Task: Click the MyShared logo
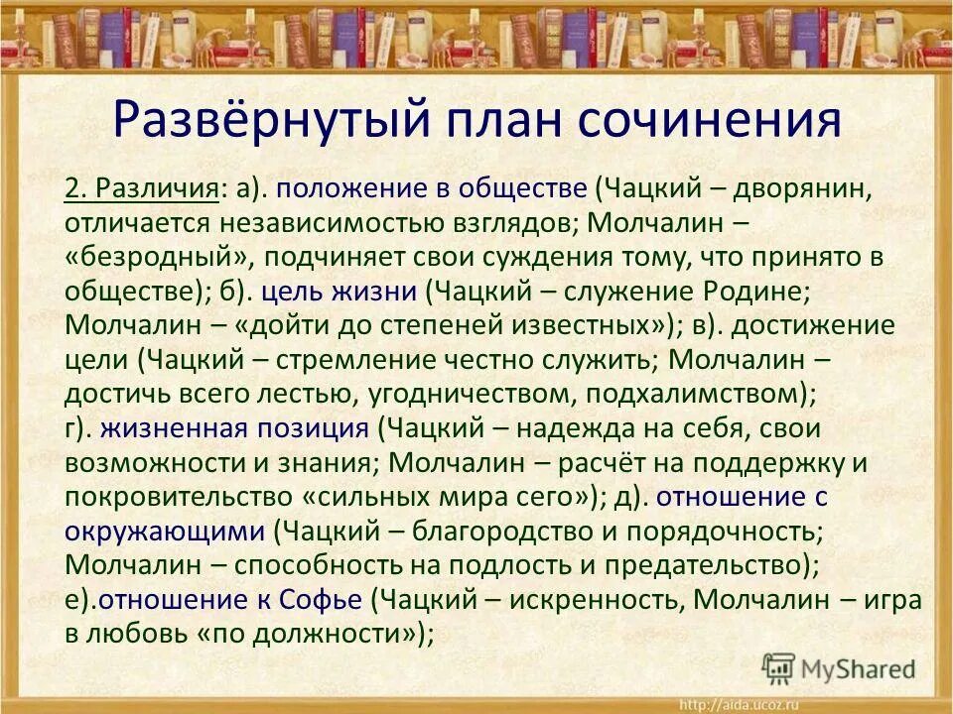840,668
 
